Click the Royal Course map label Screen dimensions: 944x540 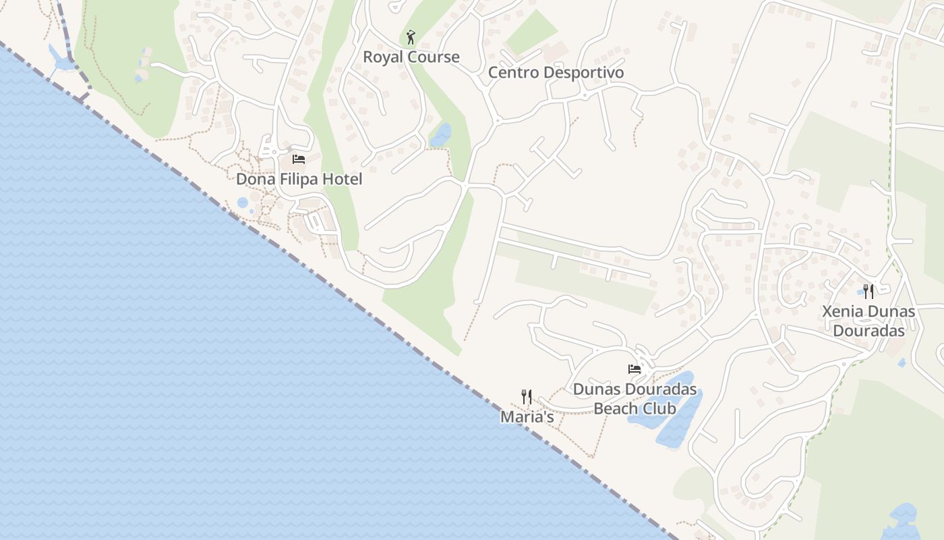(411, 57)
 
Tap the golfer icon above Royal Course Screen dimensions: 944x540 (411, 37)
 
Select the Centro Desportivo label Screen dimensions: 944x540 (556, 72)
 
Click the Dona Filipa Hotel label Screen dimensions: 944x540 (299, 179)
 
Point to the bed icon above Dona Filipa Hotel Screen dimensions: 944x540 (299, 159)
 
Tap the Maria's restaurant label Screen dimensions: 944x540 (527, 417)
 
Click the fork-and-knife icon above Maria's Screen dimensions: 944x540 (527, 397)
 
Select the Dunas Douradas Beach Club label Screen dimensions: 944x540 (635, 398)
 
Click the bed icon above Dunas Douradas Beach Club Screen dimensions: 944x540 (635, 369)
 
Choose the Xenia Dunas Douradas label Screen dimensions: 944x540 (868, 321)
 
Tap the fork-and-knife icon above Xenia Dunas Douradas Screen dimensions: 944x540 (868, 292)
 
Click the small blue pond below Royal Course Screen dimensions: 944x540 (440, 134)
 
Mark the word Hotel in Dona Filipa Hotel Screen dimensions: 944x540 (341, 179)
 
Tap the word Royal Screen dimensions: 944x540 (383, 57)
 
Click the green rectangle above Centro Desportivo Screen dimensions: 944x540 (531, 32)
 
